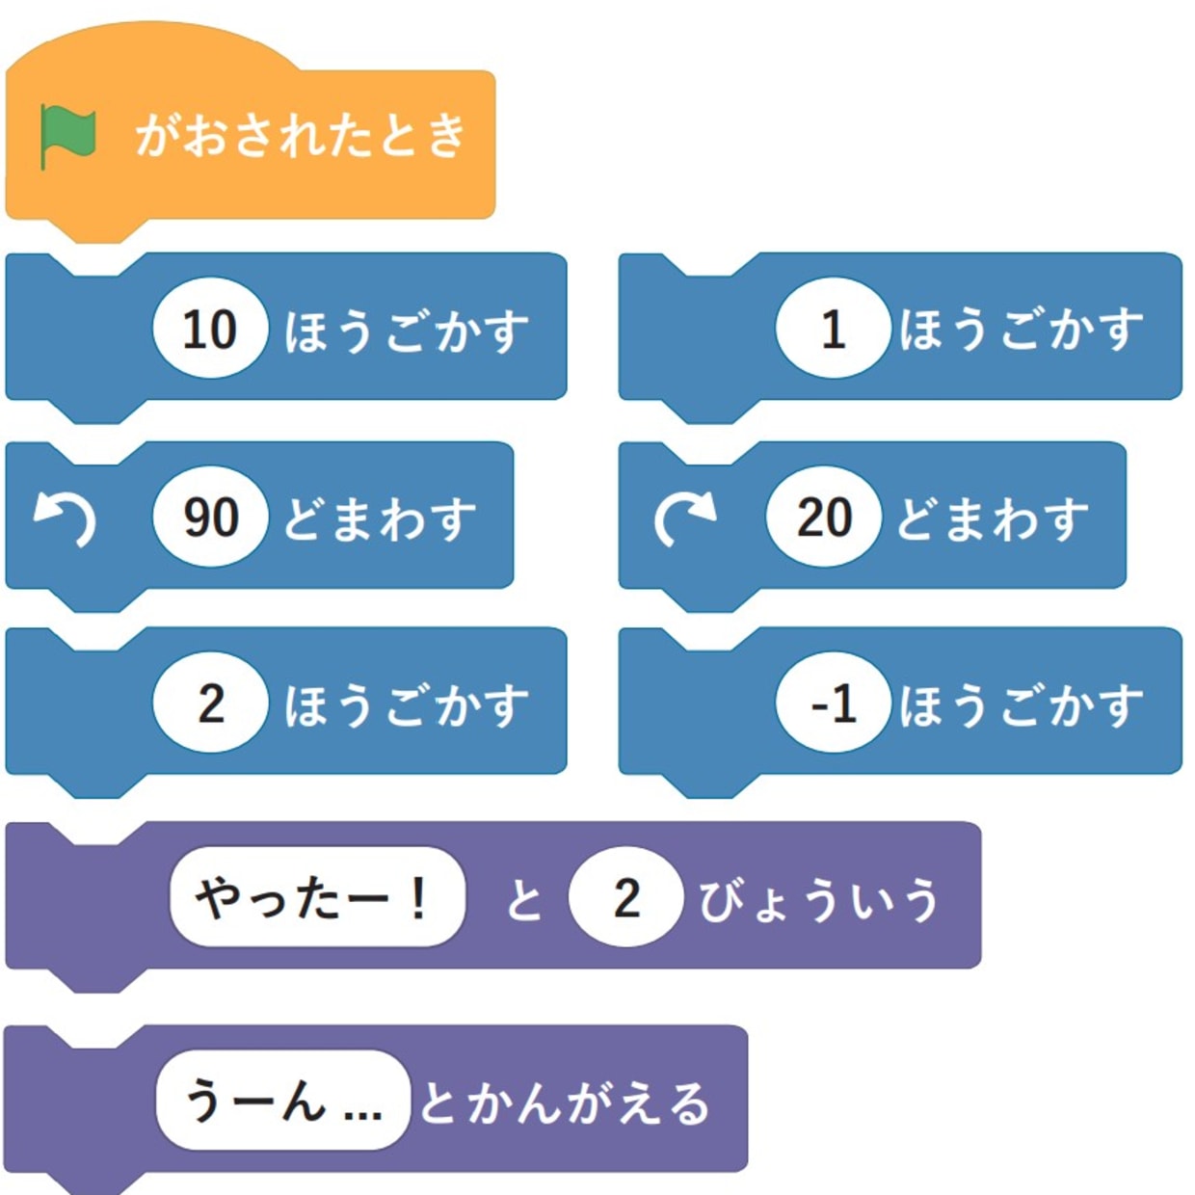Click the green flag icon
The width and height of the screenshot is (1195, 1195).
pos(67,136)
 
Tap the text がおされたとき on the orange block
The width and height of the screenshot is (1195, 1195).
pos(300,135)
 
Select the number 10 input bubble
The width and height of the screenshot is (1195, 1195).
pos(209,329)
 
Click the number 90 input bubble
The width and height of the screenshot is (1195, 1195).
pos(210,517)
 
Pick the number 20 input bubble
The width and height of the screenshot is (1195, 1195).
pos(824,517)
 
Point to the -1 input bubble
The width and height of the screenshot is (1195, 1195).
pos(833,703)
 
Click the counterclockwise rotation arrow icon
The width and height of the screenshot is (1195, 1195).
pos(65,518)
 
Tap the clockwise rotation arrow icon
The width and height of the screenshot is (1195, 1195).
pos(683,518)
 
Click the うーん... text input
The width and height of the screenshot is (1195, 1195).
pos(283,1101)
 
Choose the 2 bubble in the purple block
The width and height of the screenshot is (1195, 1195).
pos(626,898)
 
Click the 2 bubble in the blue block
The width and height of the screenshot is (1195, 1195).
pos(210,703)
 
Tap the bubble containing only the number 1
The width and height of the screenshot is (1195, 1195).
pos(833,329)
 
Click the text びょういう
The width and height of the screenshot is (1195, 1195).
pos(818,900)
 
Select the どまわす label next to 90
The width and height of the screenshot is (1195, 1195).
pos(380,518)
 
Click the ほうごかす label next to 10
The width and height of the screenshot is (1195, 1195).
pos(406,331)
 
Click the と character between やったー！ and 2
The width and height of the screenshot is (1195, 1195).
pos(524,900)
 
